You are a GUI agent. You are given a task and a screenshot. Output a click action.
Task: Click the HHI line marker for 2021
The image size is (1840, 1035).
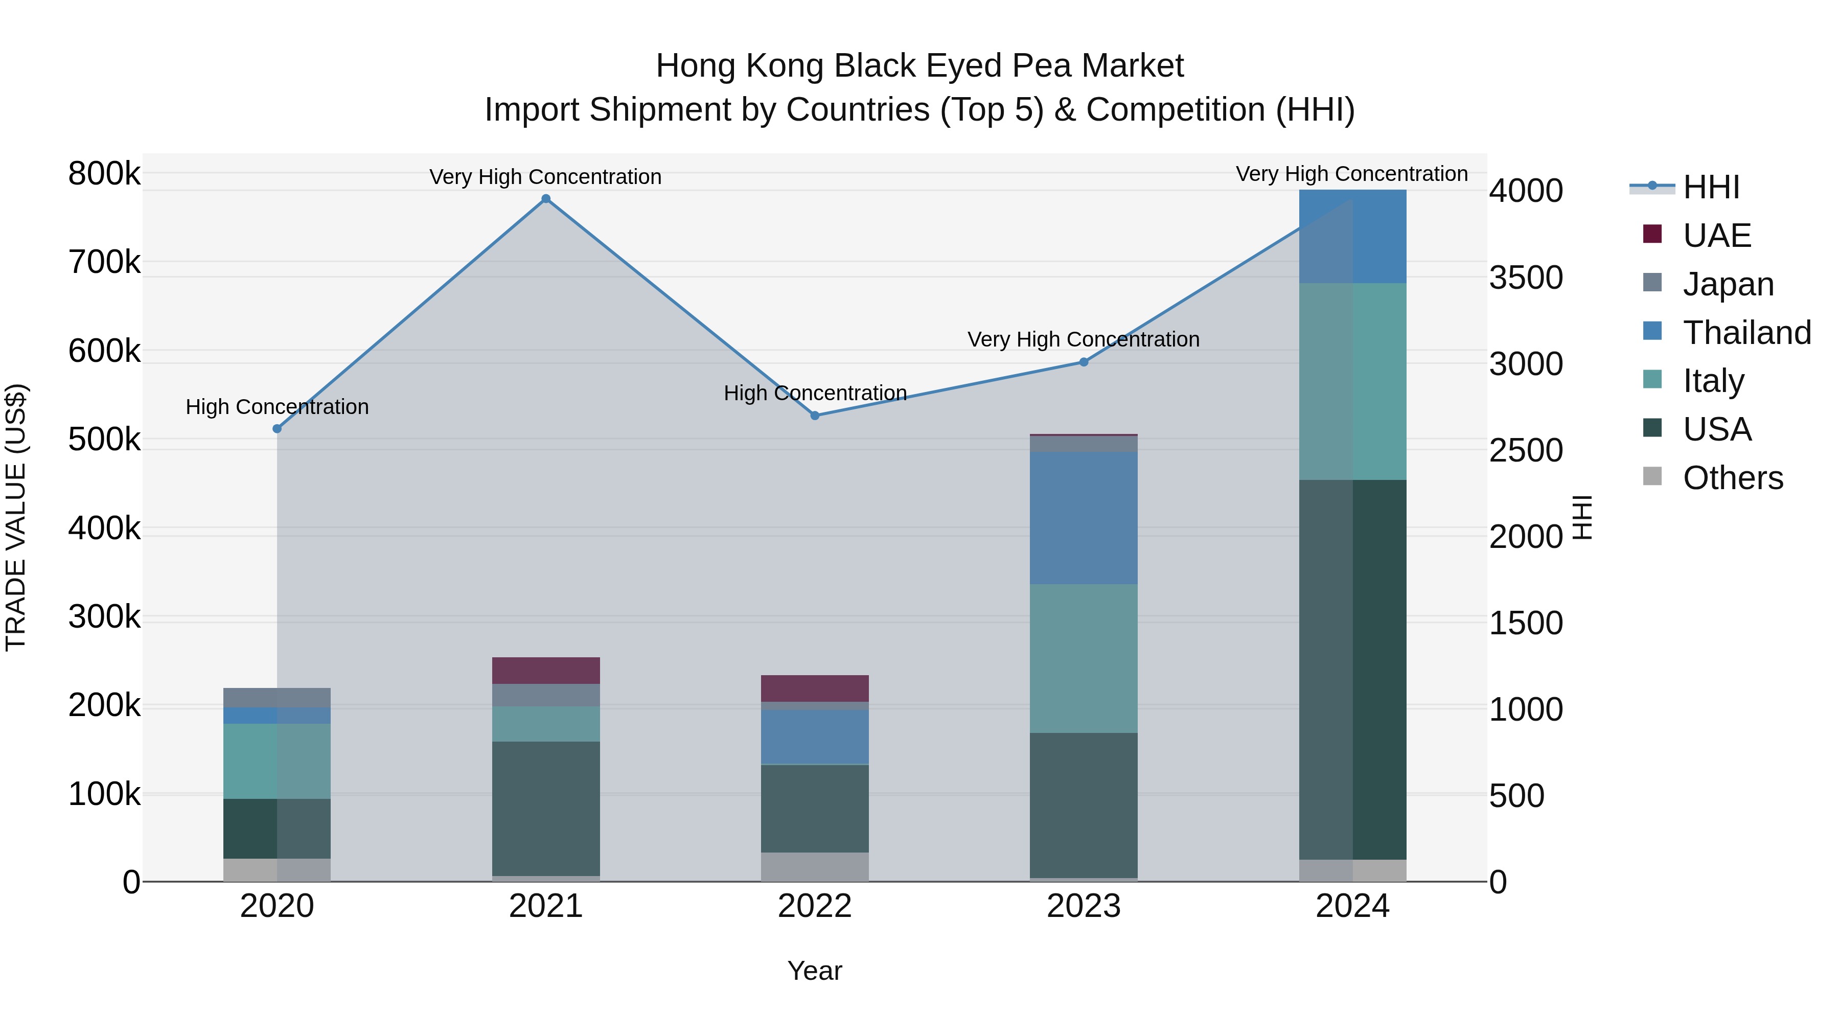546,199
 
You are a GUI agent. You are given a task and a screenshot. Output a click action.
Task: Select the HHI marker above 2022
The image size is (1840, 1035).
815,416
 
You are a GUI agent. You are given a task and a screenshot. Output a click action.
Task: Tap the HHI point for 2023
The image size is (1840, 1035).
1084,362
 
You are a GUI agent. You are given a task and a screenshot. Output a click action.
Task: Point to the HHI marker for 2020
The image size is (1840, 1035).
277,429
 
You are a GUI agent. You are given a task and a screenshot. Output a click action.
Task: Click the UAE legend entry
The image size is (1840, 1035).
1716,236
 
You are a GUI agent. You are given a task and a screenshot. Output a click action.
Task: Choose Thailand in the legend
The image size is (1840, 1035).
1746,333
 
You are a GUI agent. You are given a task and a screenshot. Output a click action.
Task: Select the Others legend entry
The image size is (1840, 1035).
1732,478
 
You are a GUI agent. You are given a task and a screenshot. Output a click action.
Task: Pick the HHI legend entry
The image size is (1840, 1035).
1711,187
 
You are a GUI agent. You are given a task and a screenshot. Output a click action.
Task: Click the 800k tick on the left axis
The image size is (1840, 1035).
104,174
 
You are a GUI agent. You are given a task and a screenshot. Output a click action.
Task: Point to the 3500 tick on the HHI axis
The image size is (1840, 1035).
1526,278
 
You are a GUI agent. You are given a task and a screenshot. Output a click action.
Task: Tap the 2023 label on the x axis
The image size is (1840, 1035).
1084,906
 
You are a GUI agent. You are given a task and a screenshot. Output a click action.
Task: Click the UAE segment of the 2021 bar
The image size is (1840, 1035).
546,671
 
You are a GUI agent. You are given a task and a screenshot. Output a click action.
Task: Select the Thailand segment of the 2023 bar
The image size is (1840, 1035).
1084,518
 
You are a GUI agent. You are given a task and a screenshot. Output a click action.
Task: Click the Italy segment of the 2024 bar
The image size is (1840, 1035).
1352,381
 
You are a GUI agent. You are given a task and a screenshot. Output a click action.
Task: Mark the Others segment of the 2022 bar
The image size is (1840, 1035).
815,866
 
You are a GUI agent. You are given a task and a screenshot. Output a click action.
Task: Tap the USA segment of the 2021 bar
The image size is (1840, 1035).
546,809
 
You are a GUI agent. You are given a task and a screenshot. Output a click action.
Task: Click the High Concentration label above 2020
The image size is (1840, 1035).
277,407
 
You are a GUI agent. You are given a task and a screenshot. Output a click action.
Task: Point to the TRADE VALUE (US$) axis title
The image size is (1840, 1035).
16,517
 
